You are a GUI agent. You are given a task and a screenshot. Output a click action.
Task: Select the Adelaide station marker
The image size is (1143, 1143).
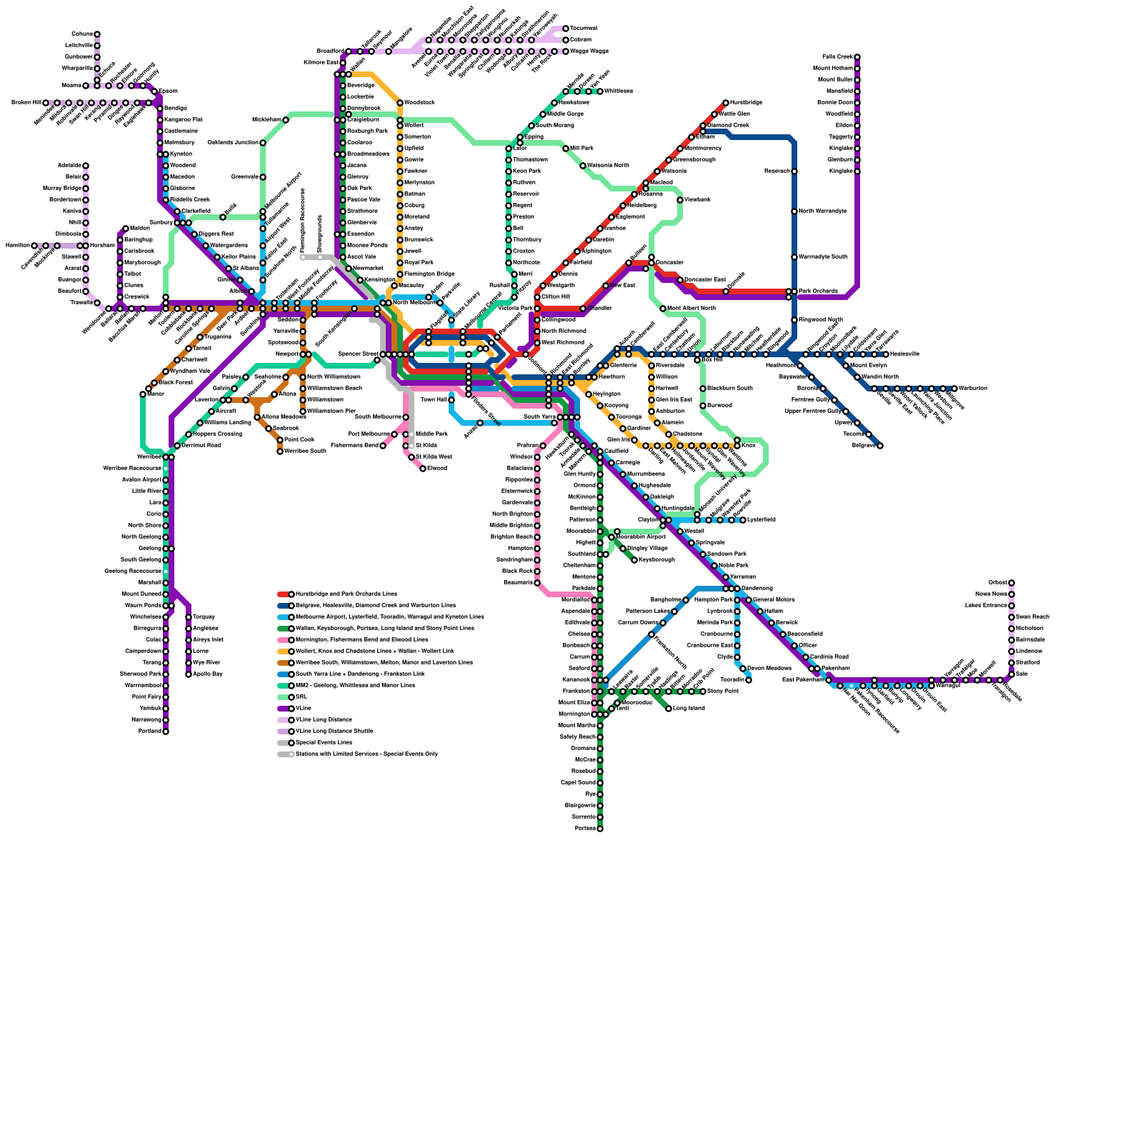86,166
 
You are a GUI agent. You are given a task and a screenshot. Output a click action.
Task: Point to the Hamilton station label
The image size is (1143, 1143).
17,246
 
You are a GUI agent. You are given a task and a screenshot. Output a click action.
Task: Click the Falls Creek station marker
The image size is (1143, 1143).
857,57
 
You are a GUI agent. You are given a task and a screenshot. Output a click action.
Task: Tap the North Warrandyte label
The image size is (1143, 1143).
822,211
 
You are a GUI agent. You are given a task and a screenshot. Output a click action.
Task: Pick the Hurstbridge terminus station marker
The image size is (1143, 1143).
726,103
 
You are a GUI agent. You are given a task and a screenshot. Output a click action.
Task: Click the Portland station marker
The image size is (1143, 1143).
166,732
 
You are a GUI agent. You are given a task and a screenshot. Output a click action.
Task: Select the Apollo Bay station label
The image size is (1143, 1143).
207,674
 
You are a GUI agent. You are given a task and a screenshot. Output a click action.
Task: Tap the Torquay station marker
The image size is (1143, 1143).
189,617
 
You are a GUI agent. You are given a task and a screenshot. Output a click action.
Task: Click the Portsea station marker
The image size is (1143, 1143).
600,829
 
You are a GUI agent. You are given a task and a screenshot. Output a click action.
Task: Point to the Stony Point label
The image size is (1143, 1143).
722,692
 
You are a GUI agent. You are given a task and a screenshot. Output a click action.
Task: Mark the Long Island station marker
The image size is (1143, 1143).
669,709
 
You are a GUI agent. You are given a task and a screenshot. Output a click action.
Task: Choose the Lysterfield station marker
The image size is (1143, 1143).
743,520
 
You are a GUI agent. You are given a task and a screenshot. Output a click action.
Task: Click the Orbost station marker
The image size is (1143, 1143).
1012,583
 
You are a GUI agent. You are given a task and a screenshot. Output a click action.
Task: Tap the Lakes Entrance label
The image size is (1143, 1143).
986,606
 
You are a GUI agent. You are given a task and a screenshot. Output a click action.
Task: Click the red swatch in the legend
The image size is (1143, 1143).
284,594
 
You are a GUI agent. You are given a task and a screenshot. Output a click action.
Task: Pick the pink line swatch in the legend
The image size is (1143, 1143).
284,640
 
